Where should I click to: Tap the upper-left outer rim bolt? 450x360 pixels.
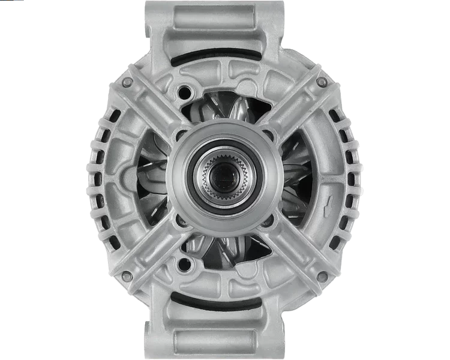click(127, 81)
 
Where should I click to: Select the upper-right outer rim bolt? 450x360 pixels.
click(322, 81)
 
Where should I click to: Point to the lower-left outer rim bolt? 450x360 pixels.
click(127, 275)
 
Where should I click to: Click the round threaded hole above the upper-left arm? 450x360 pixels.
click(184, 92)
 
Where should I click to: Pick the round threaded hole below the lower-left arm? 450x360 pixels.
click(184, 264)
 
